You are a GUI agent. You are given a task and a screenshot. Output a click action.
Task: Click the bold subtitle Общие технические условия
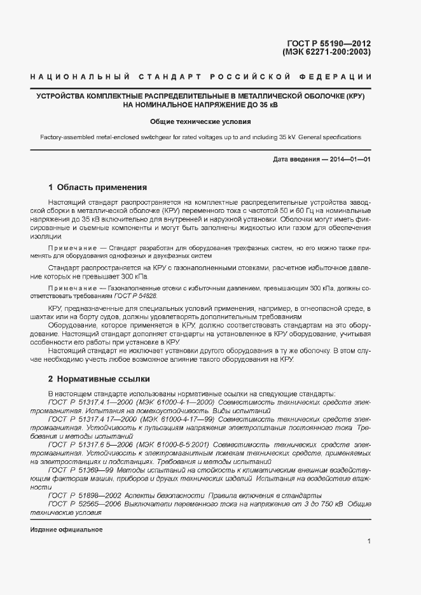click(200, 121)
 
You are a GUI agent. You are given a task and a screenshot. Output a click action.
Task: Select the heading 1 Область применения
click(98, 188)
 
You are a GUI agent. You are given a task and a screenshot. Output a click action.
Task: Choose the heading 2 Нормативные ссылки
click(99, 379)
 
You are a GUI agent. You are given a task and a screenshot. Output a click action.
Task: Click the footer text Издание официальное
click(66, 530)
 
